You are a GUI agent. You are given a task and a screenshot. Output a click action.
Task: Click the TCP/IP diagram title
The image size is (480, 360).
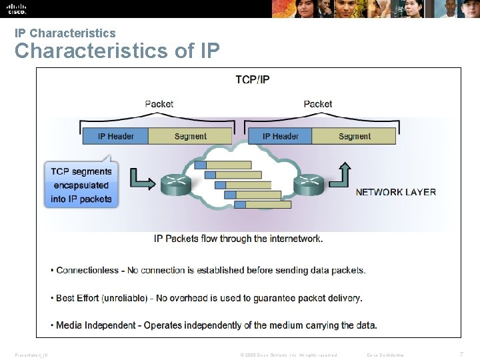pos(253,79)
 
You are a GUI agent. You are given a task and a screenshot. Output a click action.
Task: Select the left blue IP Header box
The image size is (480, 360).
pos(115,136)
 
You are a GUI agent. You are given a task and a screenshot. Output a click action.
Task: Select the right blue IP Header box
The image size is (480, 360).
pos(280,136)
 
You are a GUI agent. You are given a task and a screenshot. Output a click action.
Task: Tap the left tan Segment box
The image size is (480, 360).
pos(190,136)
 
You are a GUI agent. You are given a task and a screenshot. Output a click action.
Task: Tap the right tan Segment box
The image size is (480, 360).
pos(354,136)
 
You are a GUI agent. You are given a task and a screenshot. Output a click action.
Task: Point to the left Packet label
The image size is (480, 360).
pos(159,104)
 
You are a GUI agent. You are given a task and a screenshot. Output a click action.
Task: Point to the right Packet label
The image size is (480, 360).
pos(317,104)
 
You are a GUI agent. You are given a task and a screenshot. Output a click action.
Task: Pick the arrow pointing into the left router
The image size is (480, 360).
pos(142,178)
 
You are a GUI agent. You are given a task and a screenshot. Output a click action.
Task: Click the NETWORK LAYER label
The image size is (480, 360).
pos(395,192)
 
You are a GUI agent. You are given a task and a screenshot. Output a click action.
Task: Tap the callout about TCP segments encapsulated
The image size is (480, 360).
pos(81,185)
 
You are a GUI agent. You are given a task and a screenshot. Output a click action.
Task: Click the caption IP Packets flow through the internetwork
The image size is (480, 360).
pos(238,238)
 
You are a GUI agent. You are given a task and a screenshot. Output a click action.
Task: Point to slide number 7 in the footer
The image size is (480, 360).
pos(461,354)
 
